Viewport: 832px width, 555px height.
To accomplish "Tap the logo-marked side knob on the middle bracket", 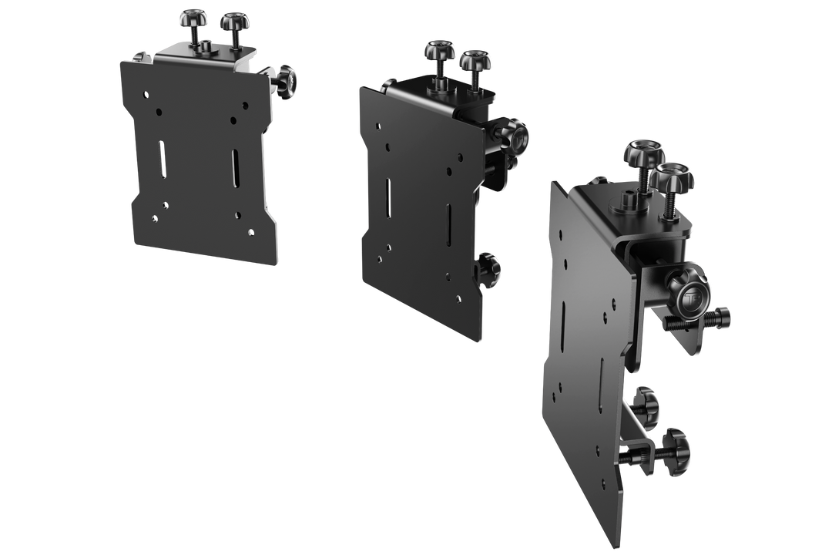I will click(514, 136).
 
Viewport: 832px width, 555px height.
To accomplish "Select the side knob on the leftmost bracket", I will click(287, 77).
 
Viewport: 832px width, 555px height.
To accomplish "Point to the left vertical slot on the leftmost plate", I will click(162, 159).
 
